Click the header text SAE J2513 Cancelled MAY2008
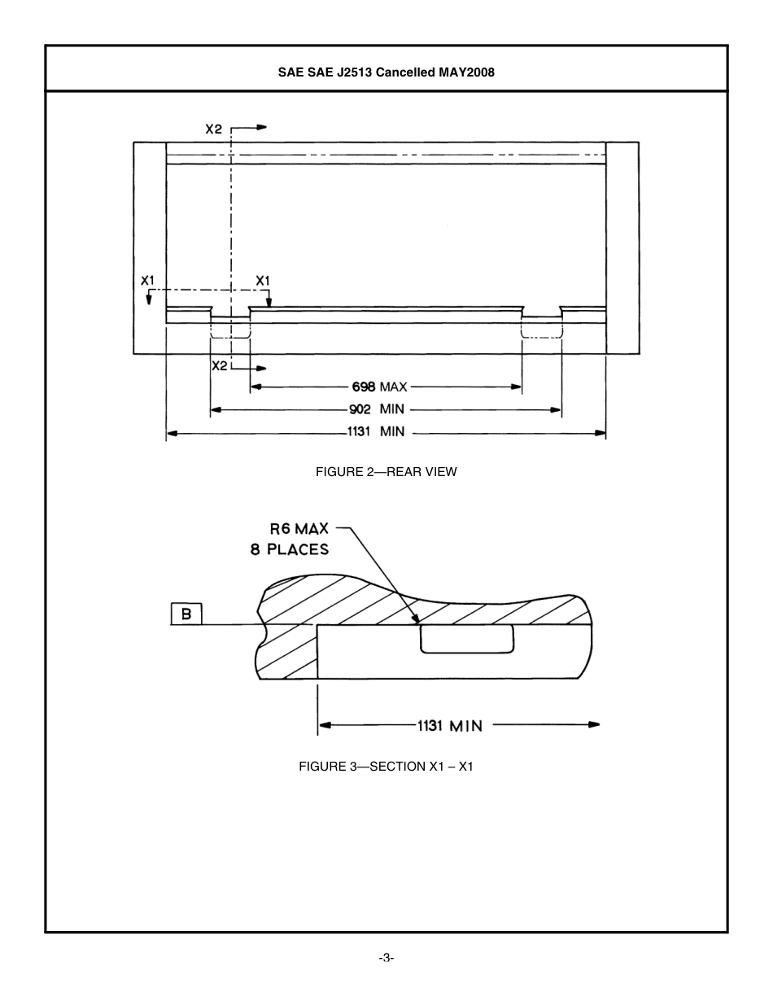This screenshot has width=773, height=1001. coord(386,72)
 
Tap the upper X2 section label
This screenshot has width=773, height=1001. coord(214,129)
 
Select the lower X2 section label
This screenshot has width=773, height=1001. coord(220,366)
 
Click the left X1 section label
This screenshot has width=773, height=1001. coord(147,281)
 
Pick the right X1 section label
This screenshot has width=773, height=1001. coord(263,281)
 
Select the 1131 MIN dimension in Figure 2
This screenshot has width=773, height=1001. coord(375,432)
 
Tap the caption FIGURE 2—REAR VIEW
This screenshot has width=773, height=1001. coord(386,472)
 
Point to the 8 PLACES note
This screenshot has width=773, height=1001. coord(290,549)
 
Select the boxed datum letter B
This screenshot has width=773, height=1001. coord(186,614)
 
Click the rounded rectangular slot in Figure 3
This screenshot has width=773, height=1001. coord(467,639)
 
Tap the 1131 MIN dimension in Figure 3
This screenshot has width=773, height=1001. coord(449,725)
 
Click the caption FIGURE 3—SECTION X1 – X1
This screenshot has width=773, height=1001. coord(386,767)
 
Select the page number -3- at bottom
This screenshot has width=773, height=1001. coord(386,958)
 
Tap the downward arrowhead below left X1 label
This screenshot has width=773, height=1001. coord(148,299)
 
